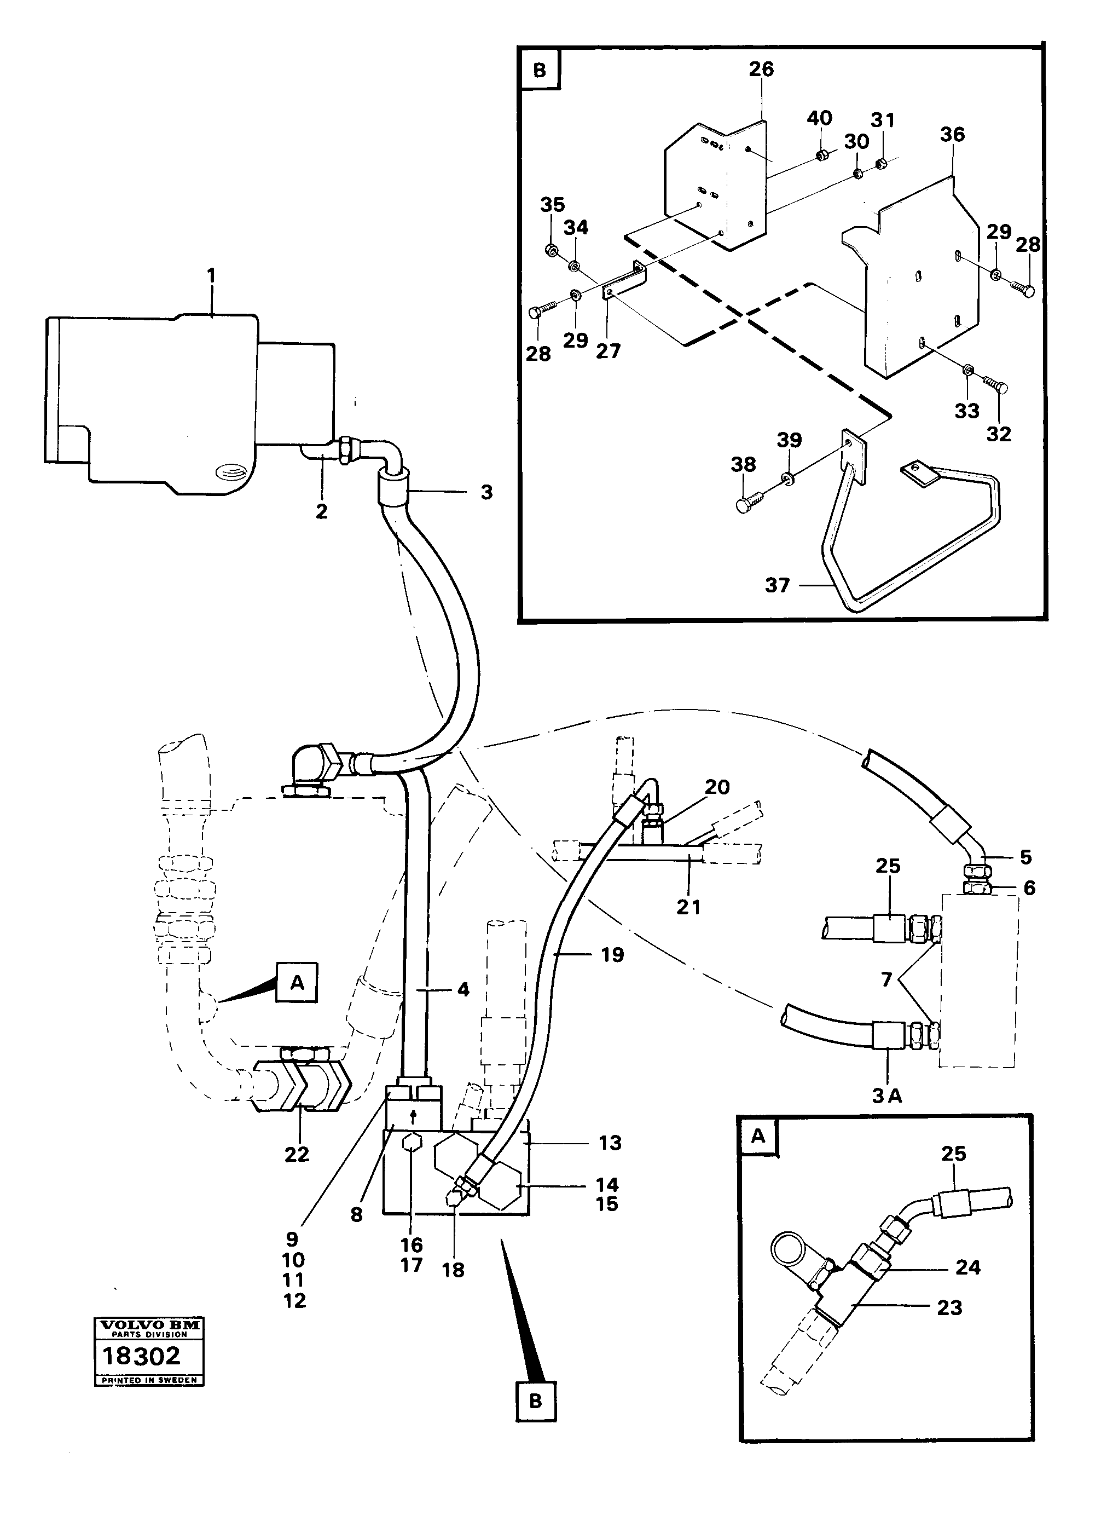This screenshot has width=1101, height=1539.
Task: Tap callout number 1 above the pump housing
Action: [x=212, y=276]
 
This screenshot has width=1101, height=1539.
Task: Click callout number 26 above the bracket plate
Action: [x=761, y=68]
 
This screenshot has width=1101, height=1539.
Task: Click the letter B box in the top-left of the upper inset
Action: [x=540, y=71]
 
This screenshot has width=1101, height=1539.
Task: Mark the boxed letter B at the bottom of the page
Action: [x=536, y=1400]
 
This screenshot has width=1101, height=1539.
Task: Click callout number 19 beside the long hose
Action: [x=612, y=955]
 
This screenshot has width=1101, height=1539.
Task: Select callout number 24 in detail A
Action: [x=967, y=1266]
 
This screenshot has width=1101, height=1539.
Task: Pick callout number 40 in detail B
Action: [x=819, y=118]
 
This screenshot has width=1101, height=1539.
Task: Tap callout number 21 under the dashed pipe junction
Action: [x=688, y=907]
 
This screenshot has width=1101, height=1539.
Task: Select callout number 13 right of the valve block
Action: [x=610, y=1143]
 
